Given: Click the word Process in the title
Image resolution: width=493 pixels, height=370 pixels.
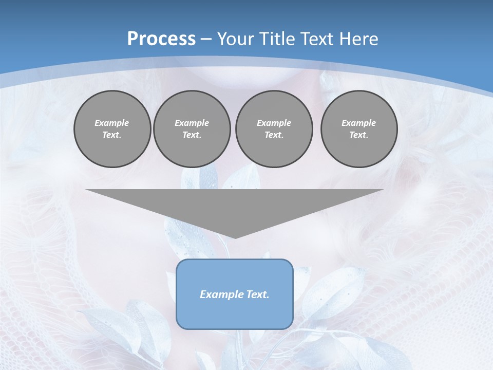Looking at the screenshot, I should coord(161,39).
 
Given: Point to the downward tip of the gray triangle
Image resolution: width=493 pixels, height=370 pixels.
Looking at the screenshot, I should coord(235,237).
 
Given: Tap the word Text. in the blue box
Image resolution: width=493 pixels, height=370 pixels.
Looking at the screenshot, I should coord(257,294).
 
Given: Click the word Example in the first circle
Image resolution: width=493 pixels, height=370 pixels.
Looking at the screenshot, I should coord(112,123).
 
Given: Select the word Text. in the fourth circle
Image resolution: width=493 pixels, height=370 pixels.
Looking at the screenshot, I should coord(359,135).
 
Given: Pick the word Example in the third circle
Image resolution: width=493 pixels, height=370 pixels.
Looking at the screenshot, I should coord(274,123).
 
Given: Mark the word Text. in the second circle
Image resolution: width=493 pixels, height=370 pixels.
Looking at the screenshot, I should coord(192,135).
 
